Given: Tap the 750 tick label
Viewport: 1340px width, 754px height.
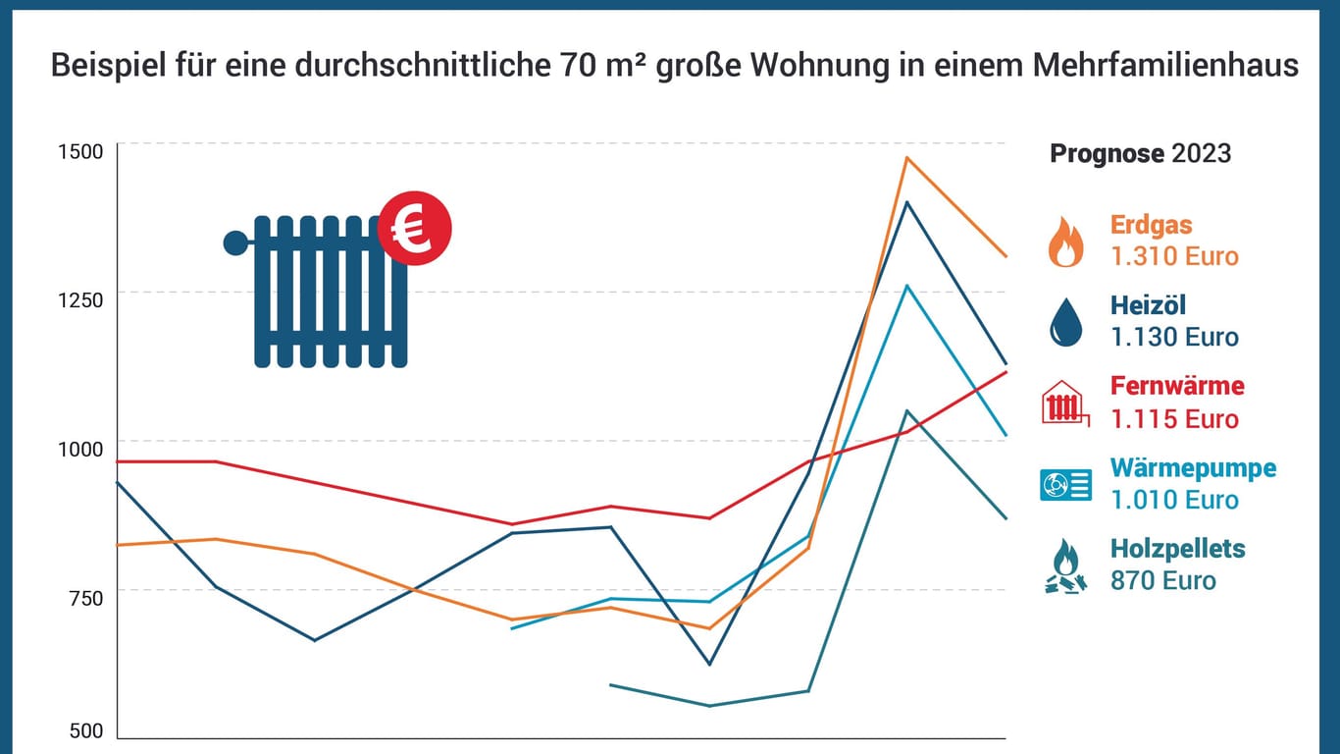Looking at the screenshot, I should tap(86, 597).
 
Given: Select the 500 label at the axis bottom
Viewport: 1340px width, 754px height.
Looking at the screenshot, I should tap(86, 730).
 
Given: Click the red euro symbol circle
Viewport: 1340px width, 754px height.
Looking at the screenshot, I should tap(414, 229).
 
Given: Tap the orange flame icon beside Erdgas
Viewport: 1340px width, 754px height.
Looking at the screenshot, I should tap(1065, 242).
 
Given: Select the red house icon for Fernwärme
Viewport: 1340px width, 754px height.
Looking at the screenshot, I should tap(1065, 403).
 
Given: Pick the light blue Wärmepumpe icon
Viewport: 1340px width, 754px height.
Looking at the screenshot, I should tap(1065, 484).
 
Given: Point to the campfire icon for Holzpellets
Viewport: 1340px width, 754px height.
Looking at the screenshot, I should tap(1065, 566).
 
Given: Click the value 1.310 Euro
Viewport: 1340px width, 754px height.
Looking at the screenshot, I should tap(1174, 256).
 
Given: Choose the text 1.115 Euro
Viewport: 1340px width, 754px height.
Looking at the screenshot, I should tap(1174, 419).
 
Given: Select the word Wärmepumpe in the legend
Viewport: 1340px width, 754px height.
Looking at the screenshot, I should tap(1193, 467).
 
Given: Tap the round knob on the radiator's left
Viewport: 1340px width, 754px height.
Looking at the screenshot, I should tap(235, 242).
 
